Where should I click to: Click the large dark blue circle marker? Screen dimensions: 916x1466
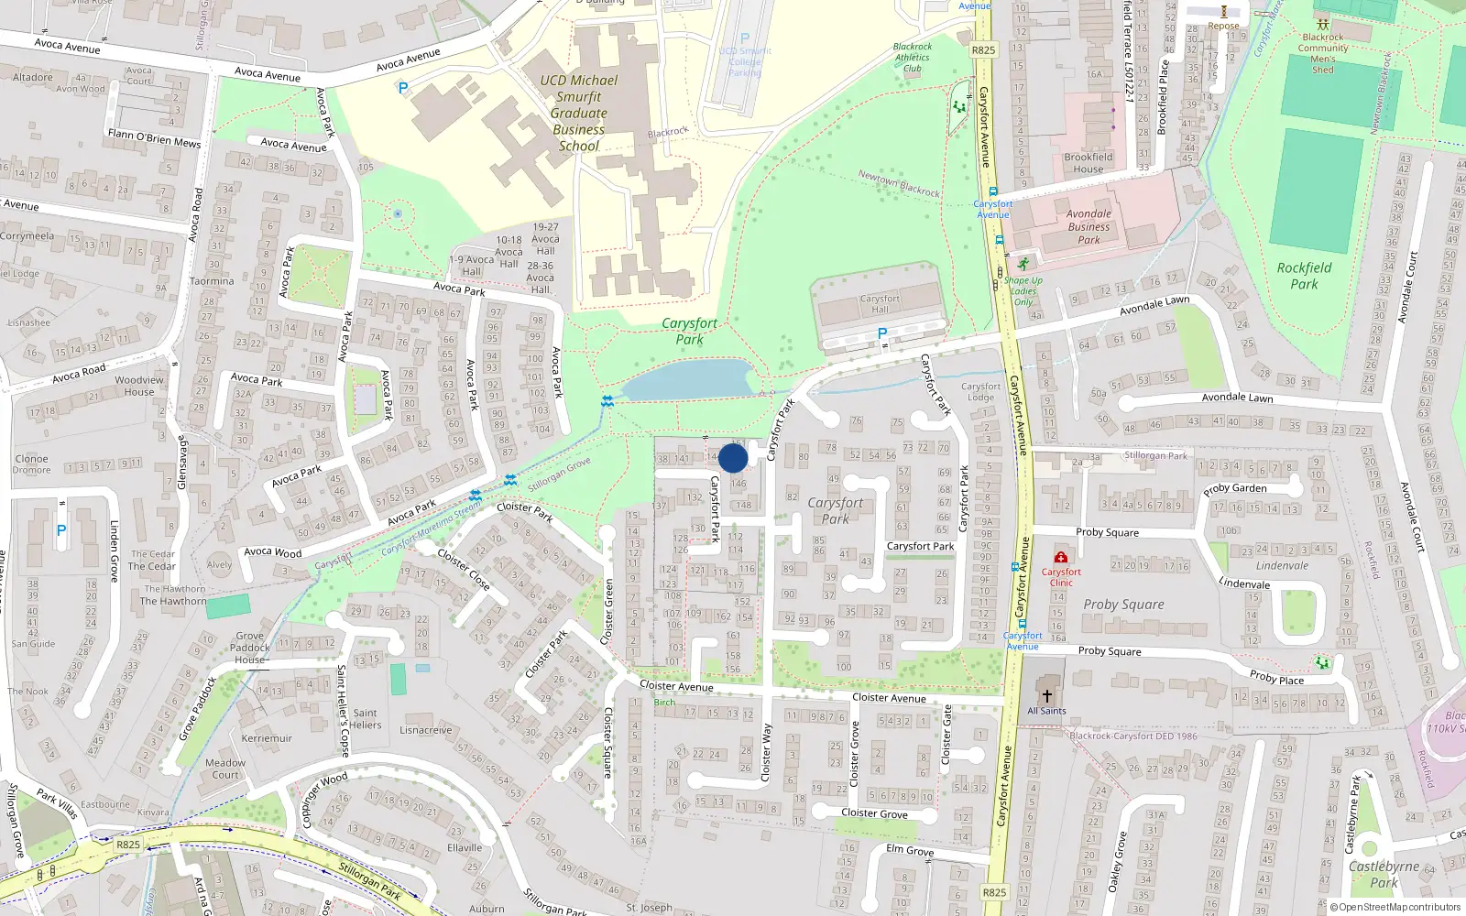[x=733, y=458]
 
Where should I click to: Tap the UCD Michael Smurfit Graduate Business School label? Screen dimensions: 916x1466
[x=579, y=113]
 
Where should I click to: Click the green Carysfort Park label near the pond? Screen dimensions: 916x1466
[x=689, y=332]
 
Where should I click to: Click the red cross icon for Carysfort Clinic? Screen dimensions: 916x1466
[x=1061, y=557]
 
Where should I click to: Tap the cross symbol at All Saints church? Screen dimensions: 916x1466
[x=1046, y=696]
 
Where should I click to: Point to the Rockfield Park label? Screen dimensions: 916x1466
[x=1304, y=275]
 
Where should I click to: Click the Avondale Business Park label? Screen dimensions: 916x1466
[x=1089, y=226]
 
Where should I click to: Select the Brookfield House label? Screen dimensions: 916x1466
[x=1089, y=163]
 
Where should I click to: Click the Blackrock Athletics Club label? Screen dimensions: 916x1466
[x=913, y=57]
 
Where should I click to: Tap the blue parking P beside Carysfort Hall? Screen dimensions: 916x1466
[x=882, y=333]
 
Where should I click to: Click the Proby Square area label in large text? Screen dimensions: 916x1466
[x=1123, y=605]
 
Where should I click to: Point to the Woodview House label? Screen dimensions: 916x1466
[x=139, y=386]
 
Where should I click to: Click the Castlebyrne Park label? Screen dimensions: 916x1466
[x=1384, y=874]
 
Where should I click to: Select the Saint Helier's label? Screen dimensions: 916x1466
[x=365, y=718]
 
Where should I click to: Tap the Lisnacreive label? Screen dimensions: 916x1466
[x=425, y=730]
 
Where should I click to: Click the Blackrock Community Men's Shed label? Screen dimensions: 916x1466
[x=1322, y=53]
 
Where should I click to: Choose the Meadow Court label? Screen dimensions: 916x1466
[x=224, y=769]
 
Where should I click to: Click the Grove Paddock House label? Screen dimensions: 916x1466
[x=249, y=648]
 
